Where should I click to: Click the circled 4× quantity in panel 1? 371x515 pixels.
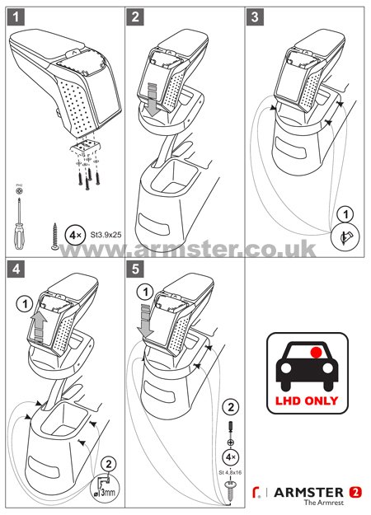click(75, 235)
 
